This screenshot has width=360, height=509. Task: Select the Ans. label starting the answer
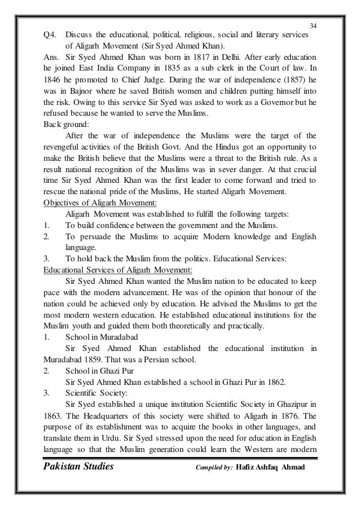tap(52, 57)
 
